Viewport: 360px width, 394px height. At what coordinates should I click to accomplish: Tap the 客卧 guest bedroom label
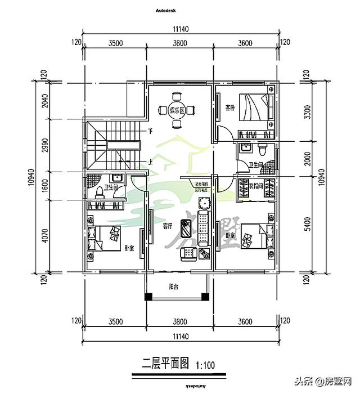click(x=229, y=108)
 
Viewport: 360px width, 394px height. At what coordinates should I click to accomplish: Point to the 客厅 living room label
click(x=167, y=226)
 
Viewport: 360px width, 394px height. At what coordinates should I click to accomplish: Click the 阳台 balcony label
click(x=175, y=286)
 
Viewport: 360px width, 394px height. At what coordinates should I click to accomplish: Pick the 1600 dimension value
click(x=46, y=186)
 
